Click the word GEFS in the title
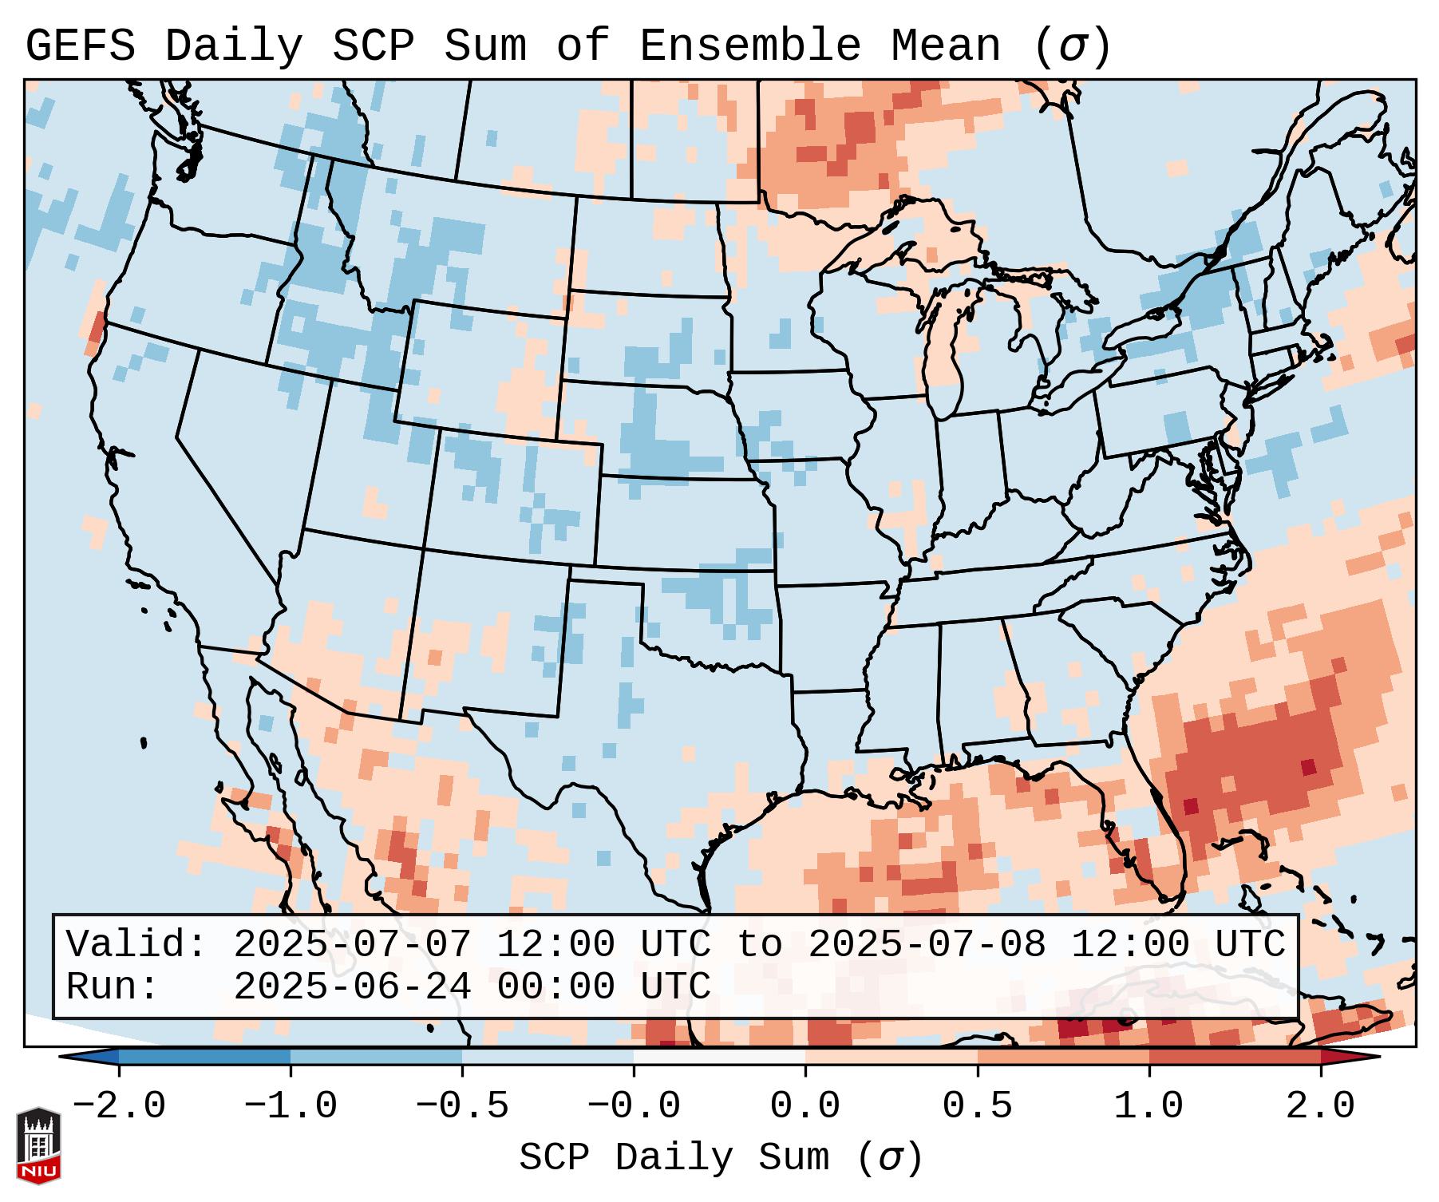[x=81, y=46]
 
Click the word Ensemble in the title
[x=750, y=46]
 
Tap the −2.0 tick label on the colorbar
[x=119, y=1106]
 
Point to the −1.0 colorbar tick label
[x=291, y=1106]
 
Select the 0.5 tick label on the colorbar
[x=977, y=1106]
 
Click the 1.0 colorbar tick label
[x=1148, y=1106]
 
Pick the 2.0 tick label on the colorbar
[x=1320, y=1106]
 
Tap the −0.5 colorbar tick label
[x=462, y=1106]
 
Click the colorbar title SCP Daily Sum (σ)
[x=721, y=1157]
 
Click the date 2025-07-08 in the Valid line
[x=927, y=945]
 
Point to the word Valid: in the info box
[x=136, y=945]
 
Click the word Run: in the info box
[x=113, y=987]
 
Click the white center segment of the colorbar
[x=719, y=1056]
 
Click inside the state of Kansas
[x=682, y=523]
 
